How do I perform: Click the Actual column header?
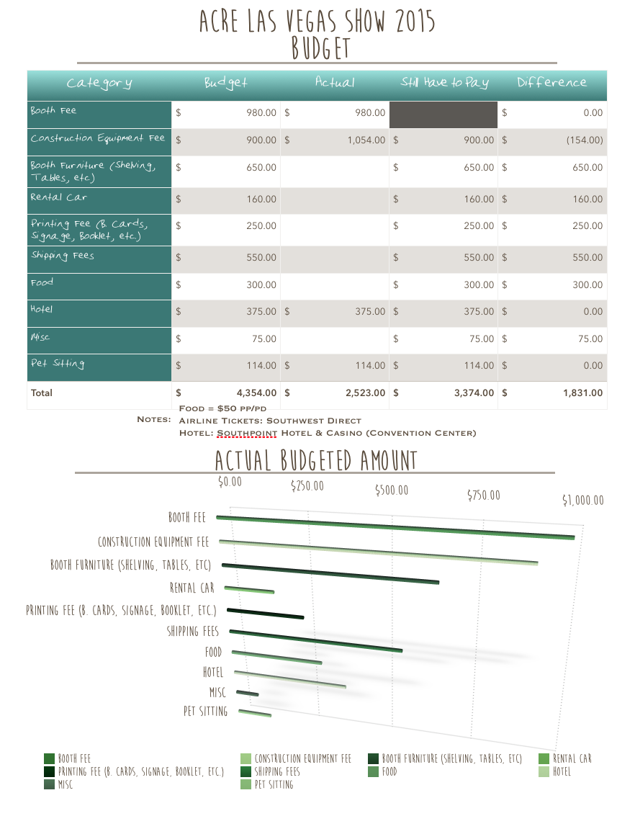335,82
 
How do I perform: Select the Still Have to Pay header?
445,82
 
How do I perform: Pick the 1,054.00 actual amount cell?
366,140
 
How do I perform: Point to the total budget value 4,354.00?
256,393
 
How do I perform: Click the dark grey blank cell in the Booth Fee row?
443,115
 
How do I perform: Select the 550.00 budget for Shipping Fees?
261,257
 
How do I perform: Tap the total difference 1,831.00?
583,393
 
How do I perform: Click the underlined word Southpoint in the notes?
247,433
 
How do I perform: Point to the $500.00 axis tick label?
392,490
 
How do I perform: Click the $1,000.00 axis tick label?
583,500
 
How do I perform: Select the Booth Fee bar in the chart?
396,527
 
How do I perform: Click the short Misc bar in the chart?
247,693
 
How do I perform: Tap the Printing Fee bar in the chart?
266,613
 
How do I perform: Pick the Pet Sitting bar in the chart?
255,713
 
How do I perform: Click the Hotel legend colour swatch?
544,771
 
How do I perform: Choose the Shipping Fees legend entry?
271,771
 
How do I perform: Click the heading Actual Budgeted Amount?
316,460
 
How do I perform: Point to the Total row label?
42,393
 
